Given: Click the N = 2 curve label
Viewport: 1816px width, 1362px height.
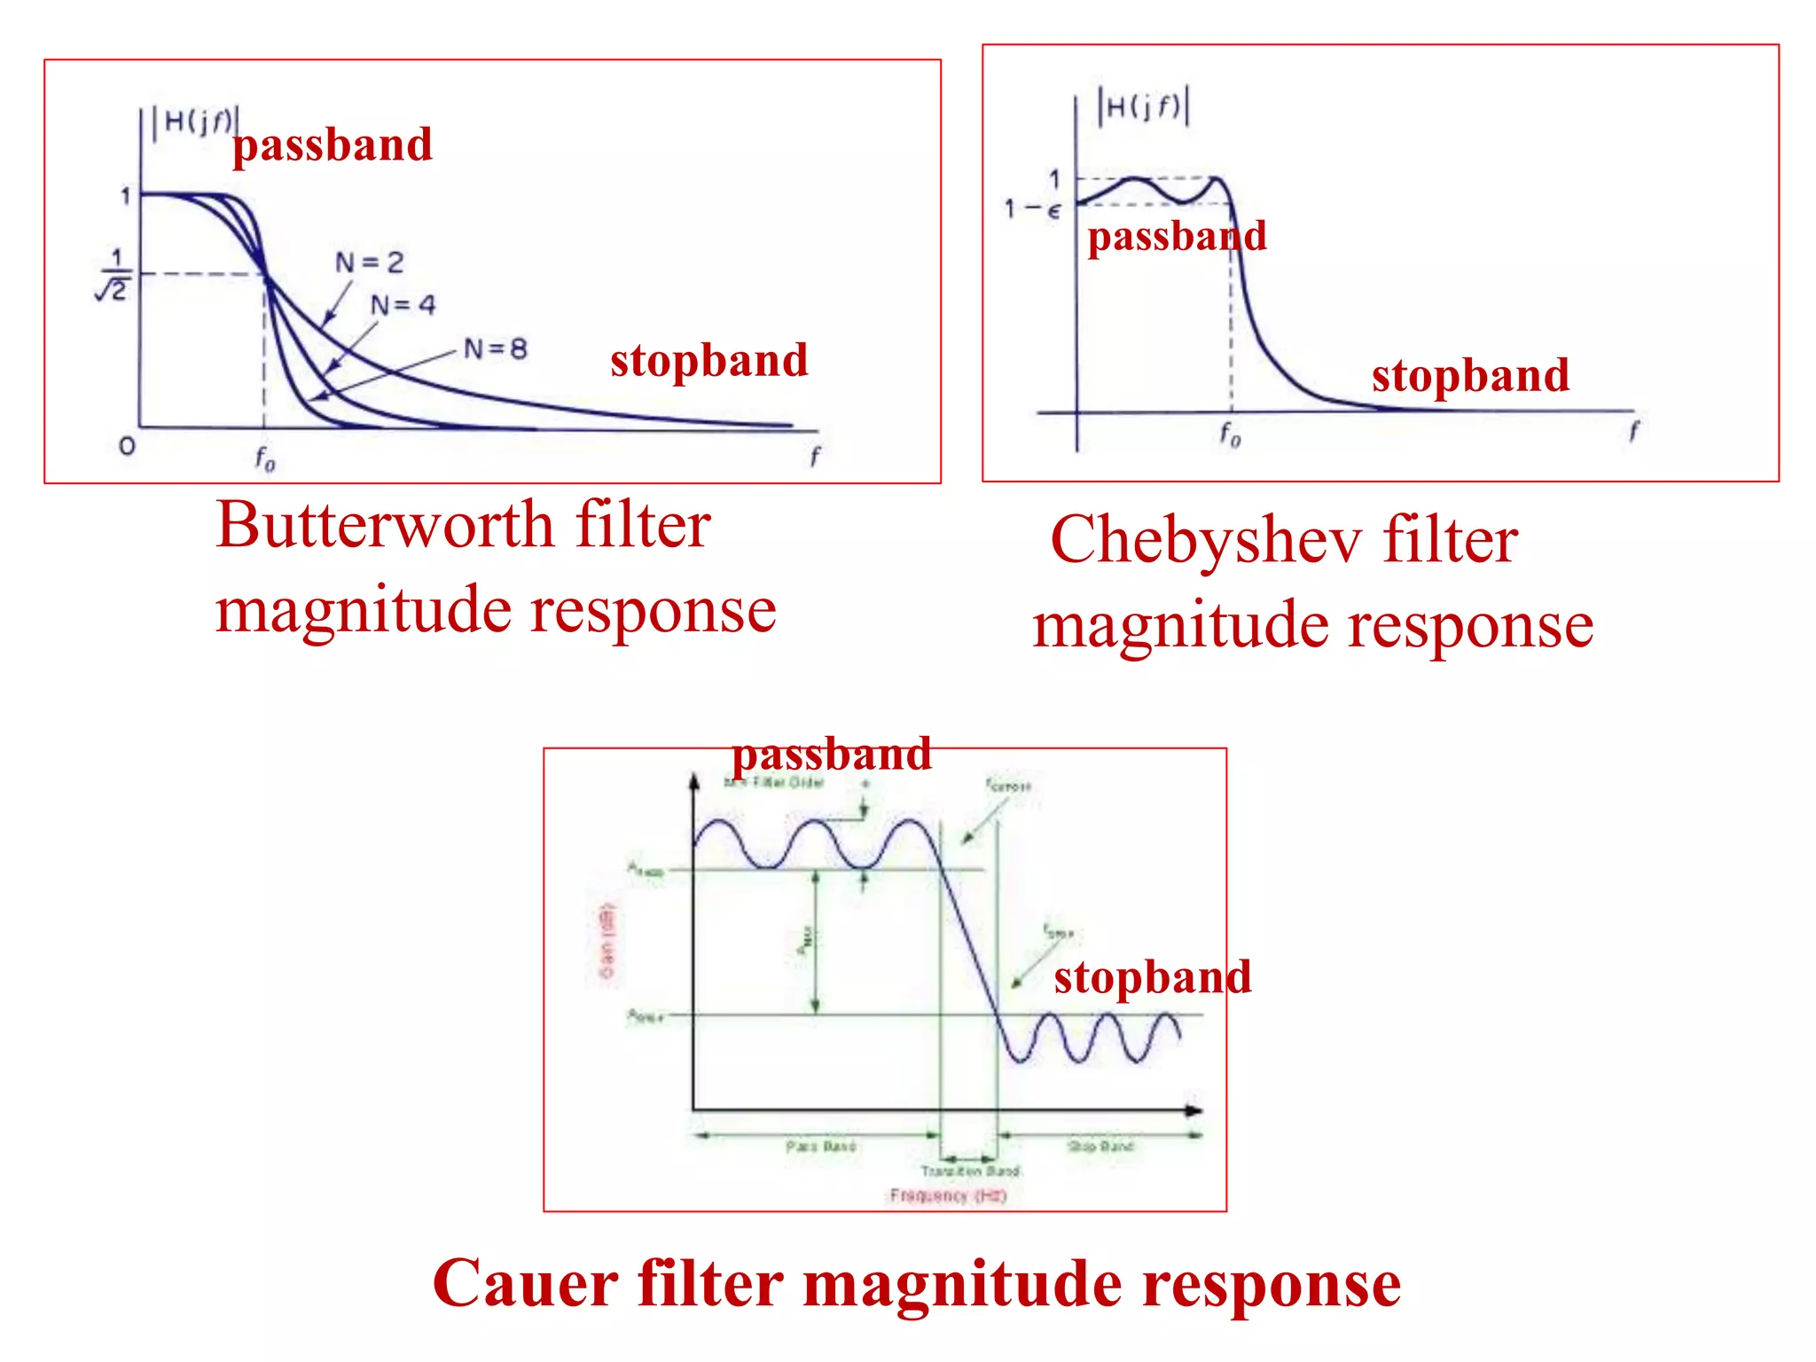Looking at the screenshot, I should [369, 262].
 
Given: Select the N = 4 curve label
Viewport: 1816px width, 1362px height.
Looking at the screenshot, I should [403, 306].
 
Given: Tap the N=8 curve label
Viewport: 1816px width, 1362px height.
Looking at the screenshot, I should [496, 349].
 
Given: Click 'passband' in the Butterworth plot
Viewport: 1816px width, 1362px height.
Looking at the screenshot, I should [333, 145].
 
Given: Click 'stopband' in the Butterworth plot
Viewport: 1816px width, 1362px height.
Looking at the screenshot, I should [708, 361].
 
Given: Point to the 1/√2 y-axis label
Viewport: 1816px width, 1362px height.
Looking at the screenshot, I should [113, 275].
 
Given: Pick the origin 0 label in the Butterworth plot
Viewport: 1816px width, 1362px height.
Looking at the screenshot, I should [127, 446].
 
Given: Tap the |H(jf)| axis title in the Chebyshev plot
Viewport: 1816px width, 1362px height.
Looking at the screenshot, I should [1144, 107].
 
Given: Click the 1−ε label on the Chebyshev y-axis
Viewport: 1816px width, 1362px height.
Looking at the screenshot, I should [1031, 210].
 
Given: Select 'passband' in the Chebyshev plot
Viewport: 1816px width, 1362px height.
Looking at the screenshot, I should [1177, 237].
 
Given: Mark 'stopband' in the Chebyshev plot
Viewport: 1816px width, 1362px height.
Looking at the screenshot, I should [1470, 375].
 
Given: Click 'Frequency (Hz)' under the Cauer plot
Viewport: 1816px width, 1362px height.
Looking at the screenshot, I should [948, 1196].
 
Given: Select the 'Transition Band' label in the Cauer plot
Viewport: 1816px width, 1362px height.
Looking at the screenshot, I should [970, 1171].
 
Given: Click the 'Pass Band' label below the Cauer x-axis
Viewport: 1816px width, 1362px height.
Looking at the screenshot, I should [820, 1147].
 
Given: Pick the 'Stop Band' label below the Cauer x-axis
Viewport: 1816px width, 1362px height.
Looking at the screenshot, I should [1100, 1147].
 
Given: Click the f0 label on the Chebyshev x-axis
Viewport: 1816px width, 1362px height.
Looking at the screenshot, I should [1230, 434].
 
